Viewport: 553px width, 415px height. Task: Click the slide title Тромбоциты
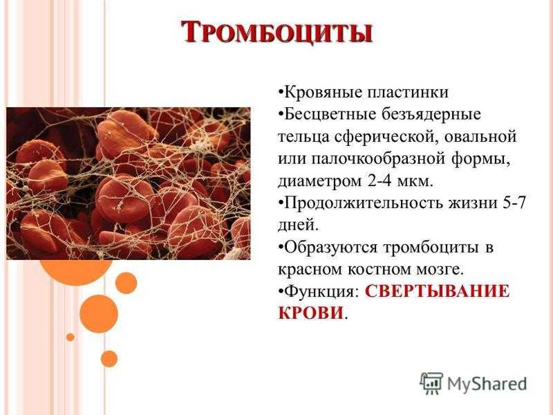tap(277, 33)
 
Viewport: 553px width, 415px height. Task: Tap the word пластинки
tap(408, 93)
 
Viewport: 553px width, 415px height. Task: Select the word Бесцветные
tap(330, 114)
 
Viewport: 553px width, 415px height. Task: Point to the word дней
tap(298, 226)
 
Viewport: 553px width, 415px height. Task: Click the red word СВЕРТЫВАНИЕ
tap(438, 292)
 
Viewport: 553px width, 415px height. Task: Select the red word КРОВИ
tap(310, 313)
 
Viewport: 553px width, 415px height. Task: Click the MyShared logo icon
tap(431, 383)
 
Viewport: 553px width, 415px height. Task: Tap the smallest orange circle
tap(71, 338)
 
